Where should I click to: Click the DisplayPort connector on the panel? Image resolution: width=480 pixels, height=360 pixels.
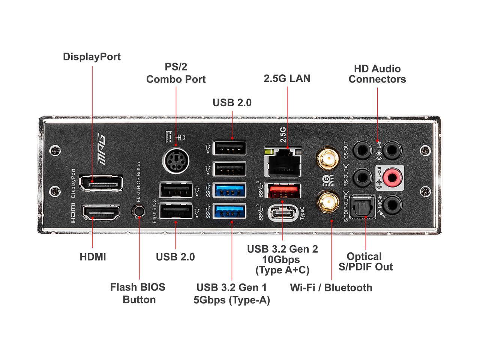point(101,184)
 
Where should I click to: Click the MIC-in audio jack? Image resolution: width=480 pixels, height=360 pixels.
point(392,205)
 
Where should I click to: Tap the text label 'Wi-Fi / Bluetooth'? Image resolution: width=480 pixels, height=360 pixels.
point(331,288)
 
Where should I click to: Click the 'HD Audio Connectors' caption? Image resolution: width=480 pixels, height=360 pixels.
point(377,74)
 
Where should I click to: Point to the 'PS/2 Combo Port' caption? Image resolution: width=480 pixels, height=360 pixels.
point(176,73)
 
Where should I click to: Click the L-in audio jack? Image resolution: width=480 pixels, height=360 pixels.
point(392,148)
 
